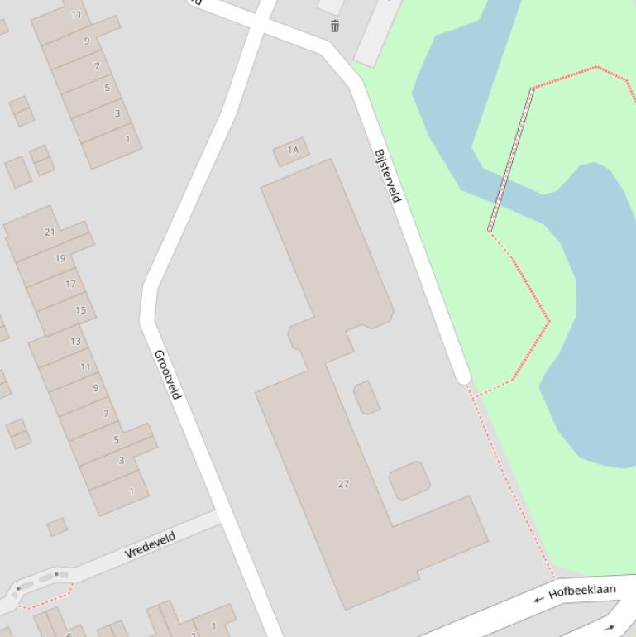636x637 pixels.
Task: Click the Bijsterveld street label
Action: pyautogui.click(x=388, y=175)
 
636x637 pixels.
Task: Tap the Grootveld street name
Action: pyautogui.click(x=167, y=374)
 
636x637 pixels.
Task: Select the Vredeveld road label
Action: pyautogui.click(x=151, y=546)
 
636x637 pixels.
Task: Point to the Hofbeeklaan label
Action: pyautogui.click(x=582, y=591)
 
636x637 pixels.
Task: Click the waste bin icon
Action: pyautogui.click(x=334, y=26)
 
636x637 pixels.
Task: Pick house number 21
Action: pyautogui.click(x=50, y=232)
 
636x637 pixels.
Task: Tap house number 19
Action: pyautogui.click(x=60, y=258)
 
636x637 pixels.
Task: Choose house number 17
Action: pyautogui.click(x=70, y=284)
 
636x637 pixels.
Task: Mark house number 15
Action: pyautogui.click(x=80, y=310)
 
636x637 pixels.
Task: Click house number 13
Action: pyautogui.click(x=75, y=341)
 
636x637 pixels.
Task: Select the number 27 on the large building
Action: pyautogui.click(x=343, y=484)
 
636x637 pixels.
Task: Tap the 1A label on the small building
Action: pyautogui.click(x=293, y=151)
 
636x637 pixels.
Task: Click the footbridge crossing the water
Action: pyautogui.click(x=511, y=160)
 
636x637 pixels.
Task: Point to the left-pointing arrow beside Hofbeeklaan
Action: pyautogui.click(x=538, y=598)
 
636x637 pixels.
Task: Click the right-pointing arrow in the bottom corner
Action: pyautogui.click(x=610, y=629)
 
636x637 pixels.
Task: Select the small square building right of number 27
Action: pyautogui.click(x=409, y=481)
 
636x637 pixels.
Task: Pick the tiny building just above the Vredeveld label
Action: pyautogui.click(x=57, y=527)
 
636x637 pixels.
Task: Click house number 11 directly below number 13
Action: pyautogui.click(x=85, y=366)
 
